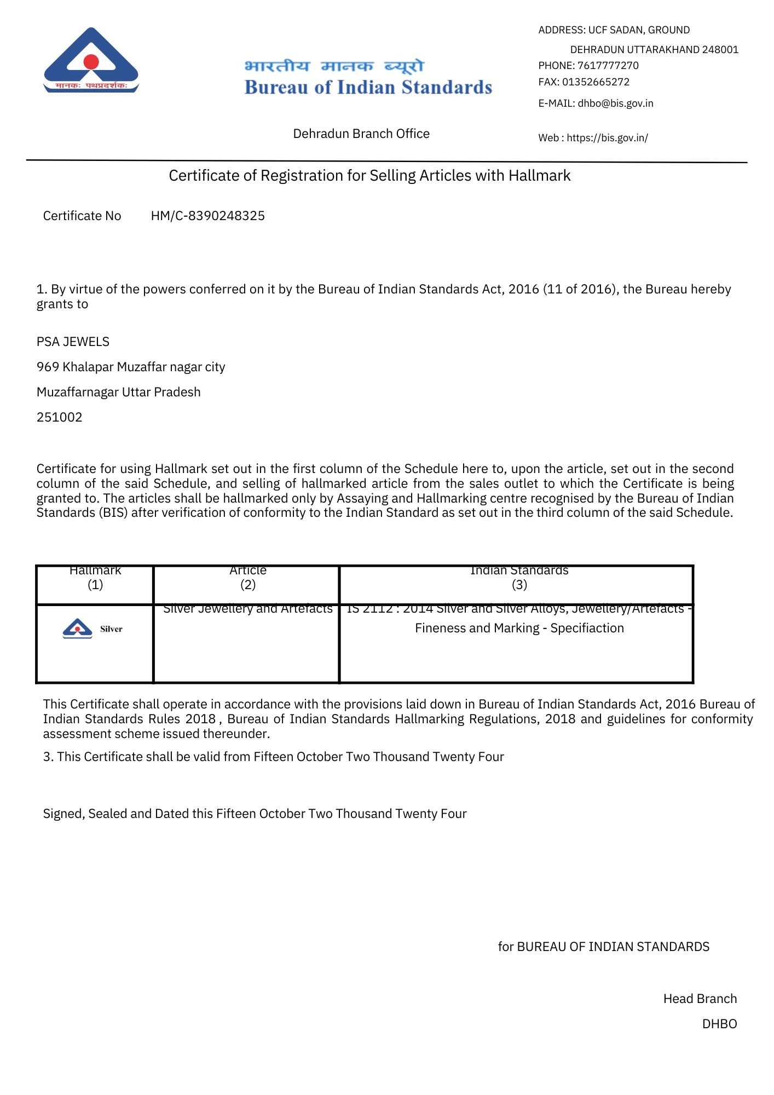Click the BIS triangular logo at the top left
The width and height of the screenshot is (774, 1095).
91,60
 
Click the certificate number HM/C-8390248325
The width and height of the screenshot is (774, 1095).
207,216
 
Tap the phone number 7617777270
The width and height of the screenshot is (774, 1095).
608,66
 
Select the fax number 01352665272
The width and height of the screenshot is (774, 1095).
596,82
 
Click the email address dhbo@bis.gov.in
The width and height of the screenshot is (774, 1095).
615,103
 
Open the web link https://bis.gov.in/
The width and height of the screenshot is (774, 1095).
607,138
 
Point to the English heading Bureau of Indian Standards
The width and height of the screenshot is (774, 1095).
368,88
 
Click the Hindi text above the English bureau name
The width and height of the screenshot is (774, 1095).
334,66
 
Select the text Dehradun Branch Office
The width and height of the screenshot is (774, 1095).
361,134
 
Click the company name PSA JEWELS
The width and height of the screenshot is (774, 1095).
73,342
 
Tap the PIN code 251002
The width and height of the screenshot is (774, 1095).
59,417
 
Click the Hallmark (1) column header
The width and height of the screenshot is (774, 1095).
95,578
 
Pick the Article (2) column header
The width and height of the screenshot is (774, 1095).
248,578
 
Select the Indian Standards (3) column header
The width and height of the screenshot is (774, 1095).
519,578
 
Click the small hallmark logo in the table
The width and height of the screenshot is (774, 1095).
78,629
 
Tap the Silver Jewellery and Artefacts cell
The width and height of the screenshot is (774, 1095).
248,609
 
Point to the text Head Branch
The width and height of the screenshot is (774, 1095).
700,999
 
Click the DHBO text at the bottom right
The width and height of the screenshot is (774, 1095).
719,1024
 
